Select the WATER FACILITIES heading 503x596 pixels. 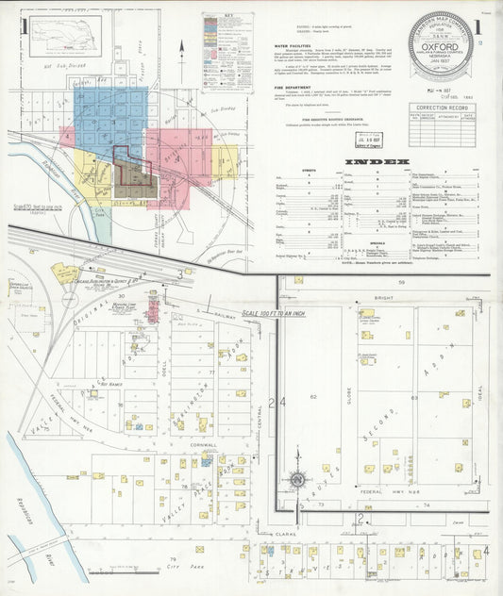pos(295,44)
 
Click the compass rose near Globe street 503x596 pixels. pos(297,480)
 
